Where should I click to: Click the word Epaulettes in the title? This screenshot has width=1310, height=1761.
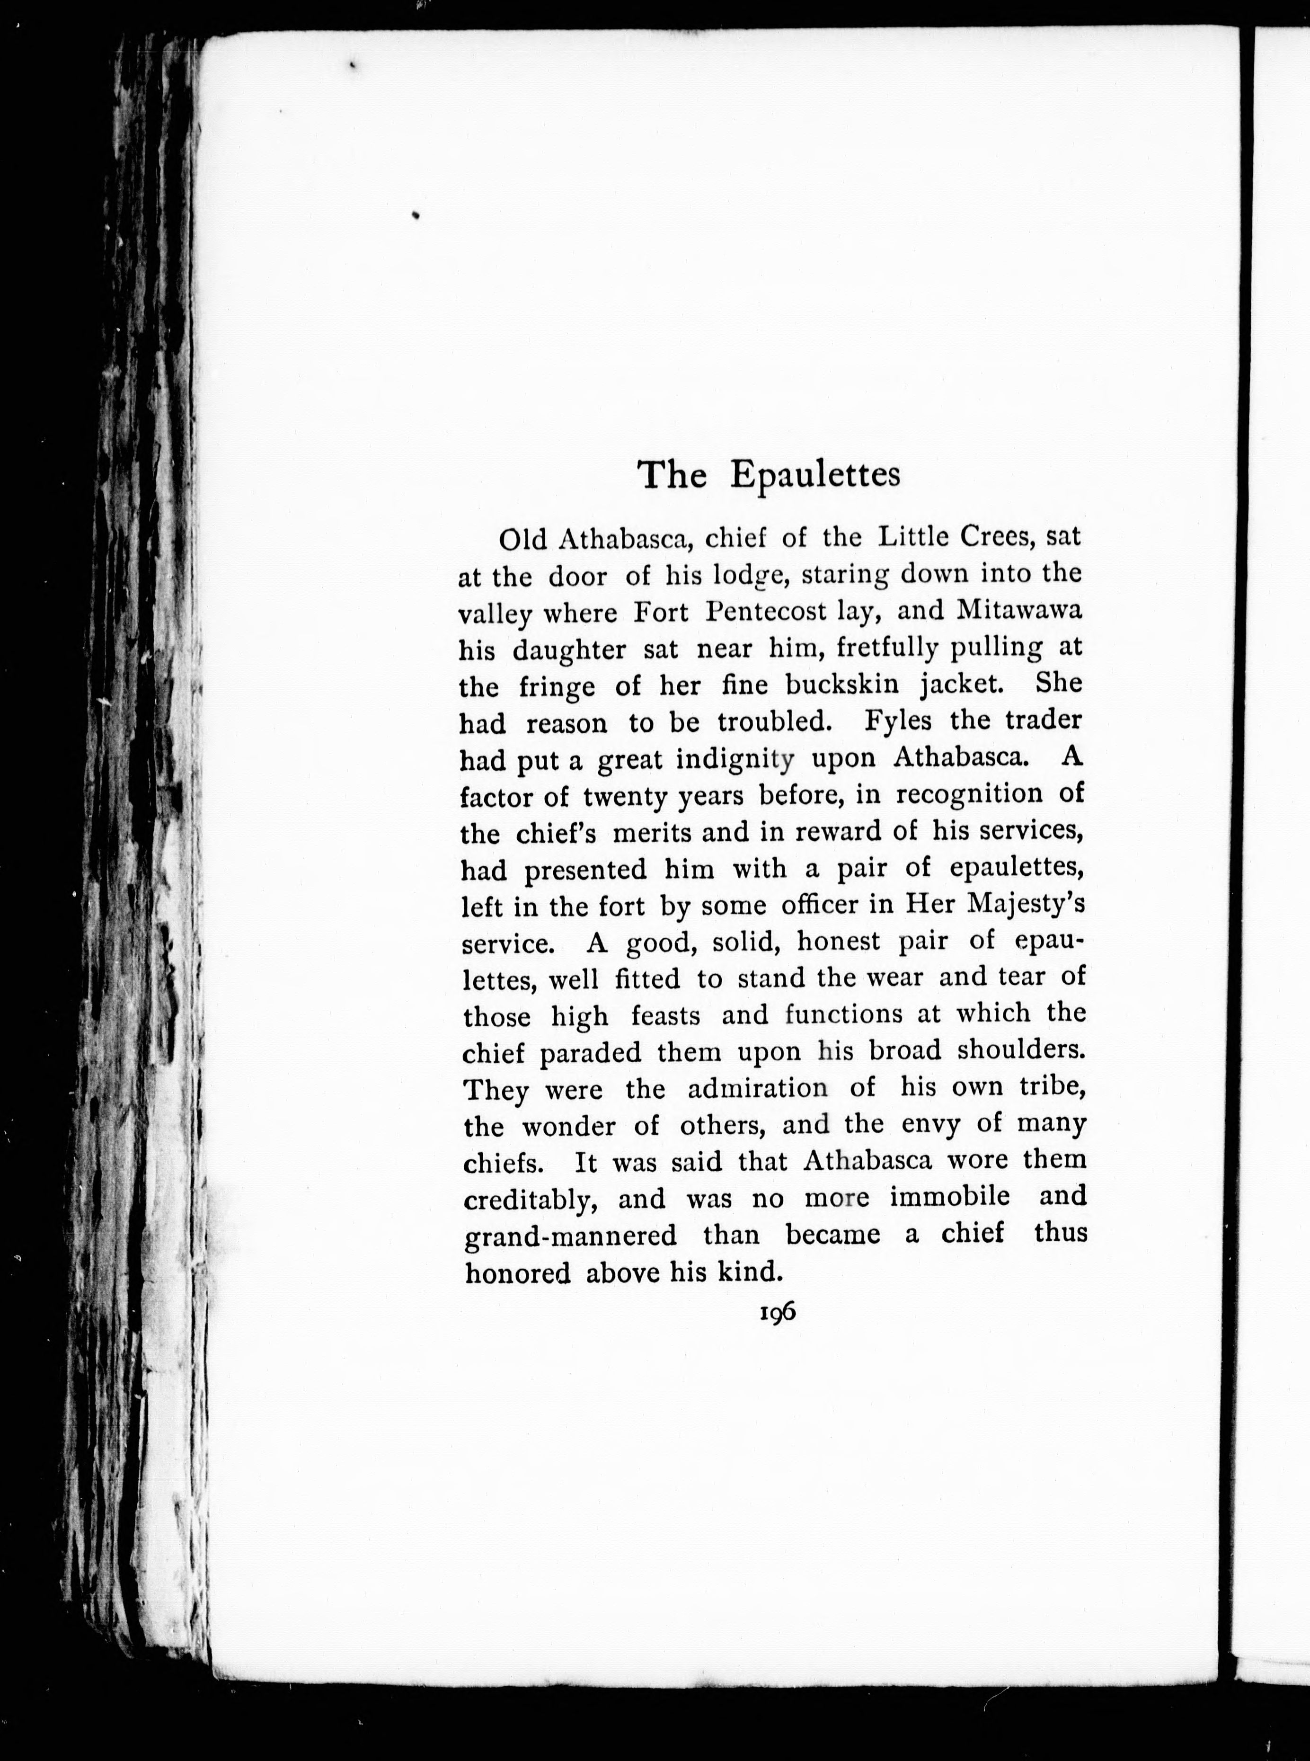click(815, 475)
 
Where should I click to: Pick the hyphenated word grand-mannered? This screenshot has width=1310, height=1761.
click(571, 1236)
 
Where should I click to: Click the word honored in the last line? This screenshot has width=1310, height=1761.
click(518, 1273)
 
